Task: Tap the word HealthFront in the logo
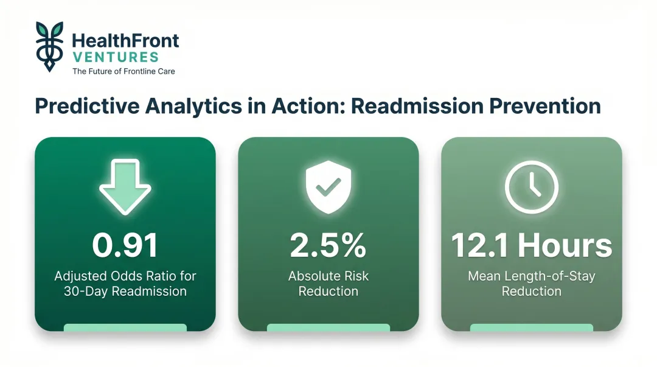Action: coord(125,41)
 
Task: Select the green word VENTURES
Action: coord(115,57)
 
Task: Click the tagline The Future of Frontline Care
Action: coord(123,71)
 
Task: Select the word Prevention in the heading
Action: coord(547,105)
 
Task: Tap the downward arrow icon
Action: coord(125,186)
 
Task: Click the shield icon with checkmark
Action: coord(328,186)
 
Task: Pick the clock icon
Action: coord(531,186)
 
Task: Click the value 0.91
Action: coord(125,245)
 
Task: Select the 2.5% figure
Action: coord(328,245)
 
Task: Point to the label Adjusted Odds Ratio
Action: coord(125,276)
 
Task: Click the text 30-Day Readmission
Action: coord(125,292)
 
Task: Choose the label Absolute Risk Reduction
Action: coord(328,284)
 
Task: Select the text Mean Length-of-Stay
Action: coord(531,276)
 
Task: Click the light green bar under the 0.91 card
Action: coord(125,327)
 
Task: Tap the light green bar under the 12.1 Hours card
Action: coord(531,327)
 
